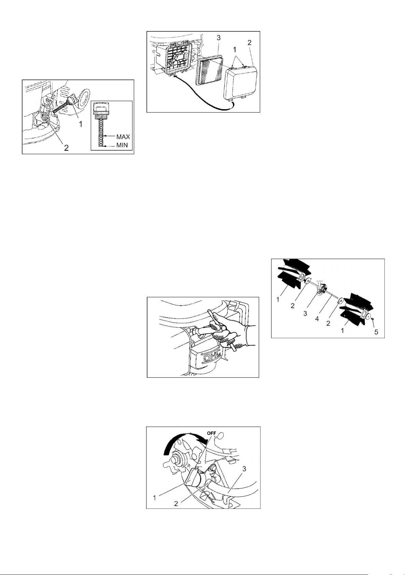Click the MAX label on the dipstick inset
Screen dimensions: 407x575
[123, 136]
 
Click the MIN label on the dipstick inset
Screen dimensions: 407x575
[122, 145]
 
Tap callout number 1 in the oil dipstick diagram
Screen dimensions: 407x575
[81, 125]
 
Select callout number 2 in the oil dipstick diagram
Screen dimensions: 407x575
[66, 148]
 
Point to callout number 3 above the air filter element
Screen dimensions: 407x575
[219, 38]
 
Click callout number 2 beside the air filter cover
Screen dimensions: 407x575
[249, 43]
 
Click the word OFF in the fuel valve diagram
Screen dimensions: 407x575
[211, 433]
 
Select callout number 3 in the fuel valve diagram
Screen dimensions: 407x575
[244, 469]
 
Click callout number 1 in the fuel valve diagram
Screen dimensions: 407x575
[155, 498]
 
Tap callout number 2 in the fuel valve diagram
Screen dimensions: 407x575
[176, 504]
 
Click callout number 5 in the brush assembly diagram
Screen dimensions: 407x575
[376, 332]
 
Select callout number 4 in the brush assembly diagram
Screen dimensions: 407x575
[317, 319]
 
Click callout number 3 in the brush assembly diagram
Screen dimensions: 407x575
[305, 314]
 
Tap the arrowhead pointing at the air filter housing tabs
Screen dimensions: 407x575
[174, 76]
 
